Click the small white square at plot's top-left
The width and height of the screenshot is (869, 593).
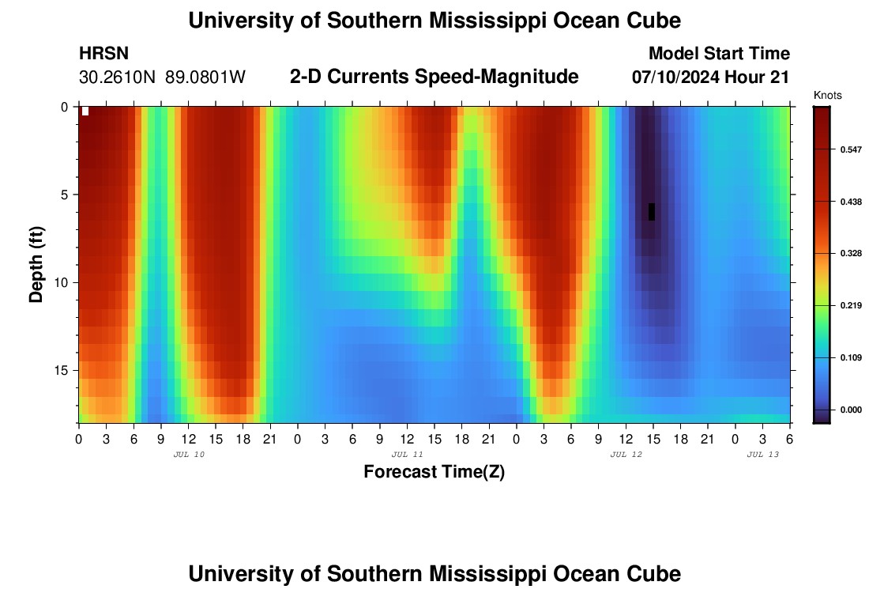pos(85,111)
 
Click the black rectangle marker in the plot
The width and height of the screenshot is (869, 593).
pos(652,211)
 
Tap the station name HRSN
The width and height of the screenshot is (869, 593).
pos(103,54)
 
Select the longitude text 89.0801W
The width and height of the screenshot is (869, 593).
pos(205,77)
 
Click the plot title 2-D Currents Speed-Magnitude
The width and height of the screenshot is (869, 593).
pos(434,77)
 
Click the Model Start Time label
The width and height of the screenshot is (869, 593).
pos(719,54)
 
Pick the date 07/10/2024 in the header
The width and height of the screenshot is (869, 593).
pos(675,77)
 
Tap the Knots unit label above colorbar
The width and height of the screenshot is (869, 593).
pos(827,96)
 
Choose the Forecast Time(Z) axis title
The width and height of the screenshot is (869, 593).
pos(434,472)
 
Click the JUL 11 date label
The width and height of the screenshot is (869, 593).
pos(408,455)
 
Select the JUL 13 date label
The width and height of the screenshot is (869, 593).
pos(763,455)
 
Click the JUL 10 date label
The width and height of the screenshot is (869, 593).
pos(189,455)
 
